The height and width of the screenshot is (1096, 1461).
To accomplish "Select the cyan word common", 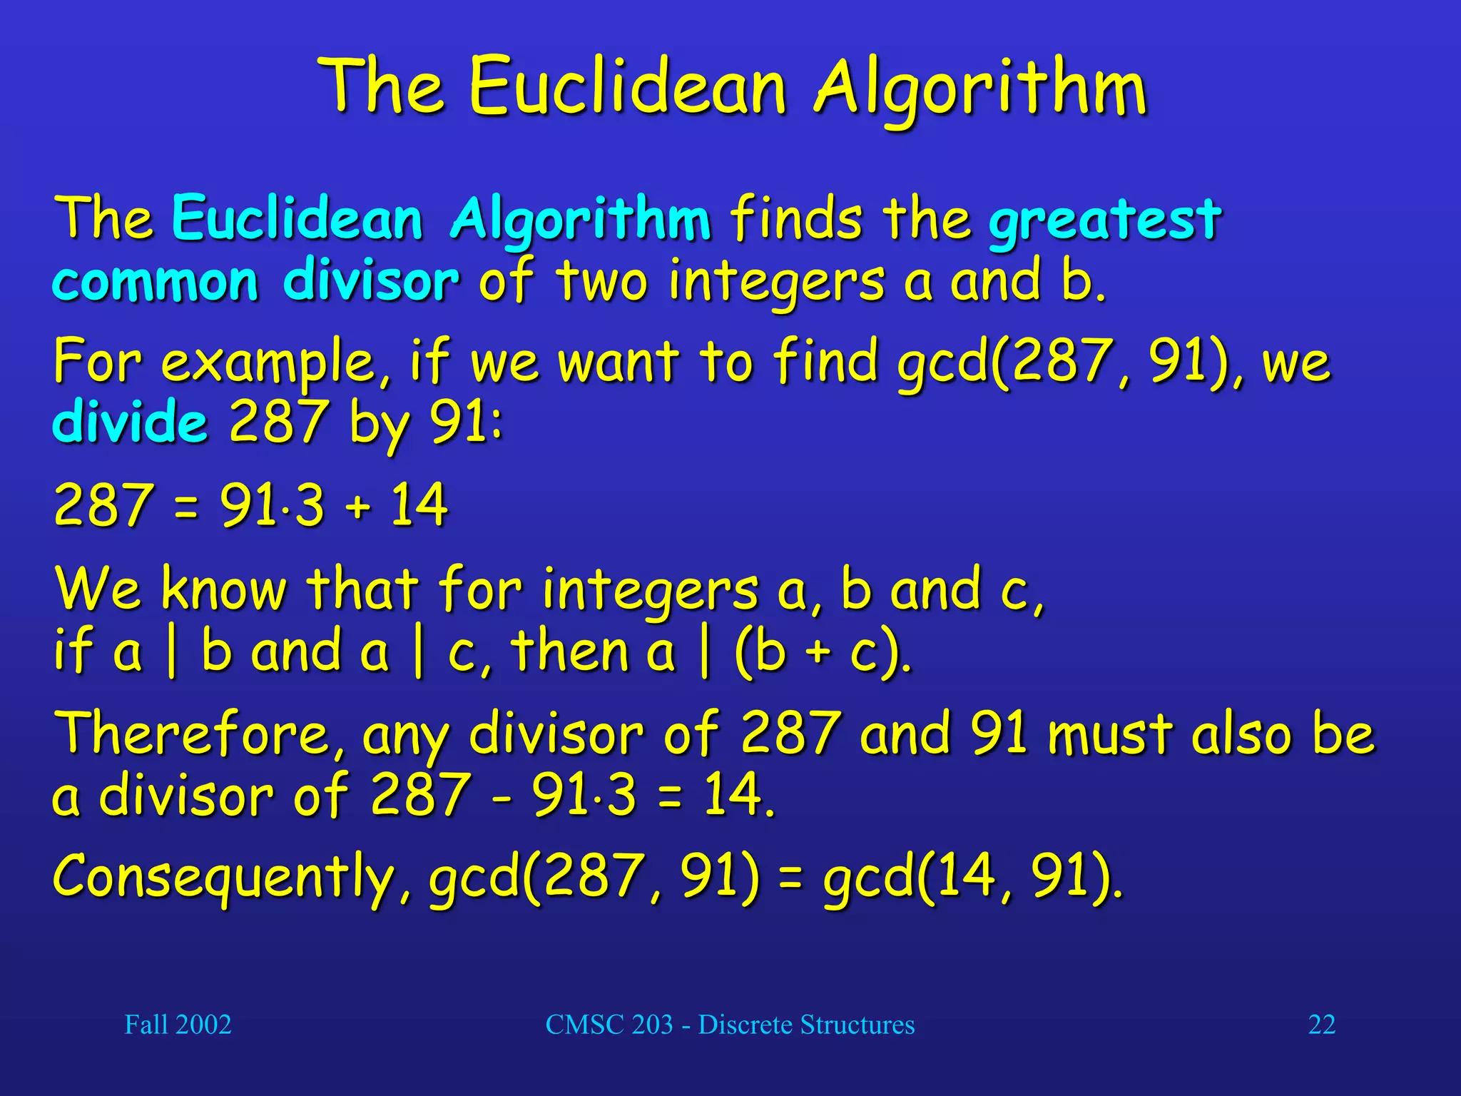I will click(155, 281).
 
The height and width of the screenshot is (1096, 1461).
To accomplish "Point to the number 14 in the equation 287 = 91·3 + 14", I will click(419, 505).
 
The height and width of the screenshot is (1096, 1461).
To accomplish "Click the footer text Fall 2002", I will click(178, 1025).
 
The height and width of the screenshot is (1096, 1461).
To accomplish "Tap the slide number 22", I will click(1321, 1025).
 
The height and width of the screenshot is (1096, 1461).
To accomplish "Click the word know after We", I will click(223, 589).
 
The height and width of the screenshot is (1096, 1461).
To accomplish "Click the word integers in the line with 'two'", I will click(776, 283).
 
